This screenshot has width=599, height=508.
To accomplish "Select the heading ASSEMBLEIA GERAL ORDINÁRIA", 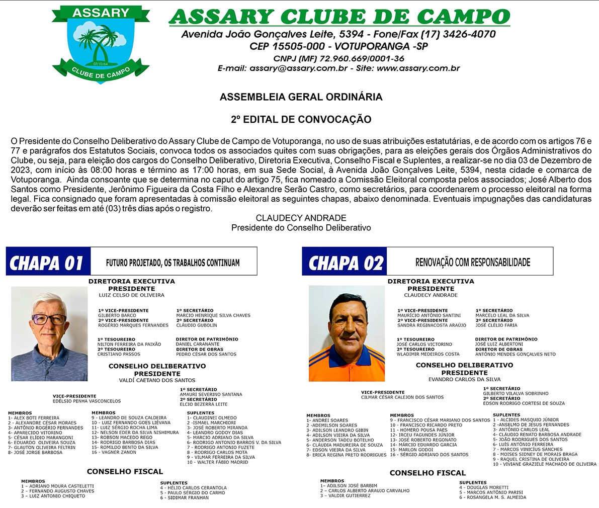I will point(301,97).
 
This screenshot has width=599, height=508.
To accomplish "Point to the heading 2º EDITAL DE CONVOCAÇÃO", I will point(301,120).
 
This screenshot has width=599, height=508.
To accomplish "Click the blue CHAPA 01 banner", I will point(48,262).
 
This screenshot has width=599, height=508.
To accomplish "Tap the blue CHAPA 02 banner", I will point(345,262).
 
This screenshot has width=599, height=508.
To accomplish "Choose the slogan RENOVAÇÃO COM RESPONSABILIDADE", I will point(472,262).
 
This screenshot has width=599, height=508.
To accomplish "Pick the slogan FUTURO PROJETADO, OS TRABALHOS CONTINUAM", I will point(173,263).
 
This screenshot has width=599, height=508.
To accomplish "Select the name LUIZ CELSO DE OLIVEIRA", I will point(132,295).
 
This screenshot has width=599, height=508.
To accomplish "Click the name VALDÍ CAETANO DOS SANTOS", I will point(157,380).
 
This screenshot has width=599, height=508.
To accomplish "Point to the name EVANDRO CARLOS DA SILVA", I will point(464,379).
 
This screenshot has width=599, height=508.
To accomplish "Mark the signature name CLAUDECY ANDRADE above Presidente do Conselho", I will point(301,218).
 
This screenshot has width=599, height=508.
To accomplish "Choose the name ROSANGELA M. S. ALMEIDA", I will point(492,497).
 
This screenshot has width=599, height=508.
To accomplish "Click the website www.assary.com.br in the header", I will point(418,68).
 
